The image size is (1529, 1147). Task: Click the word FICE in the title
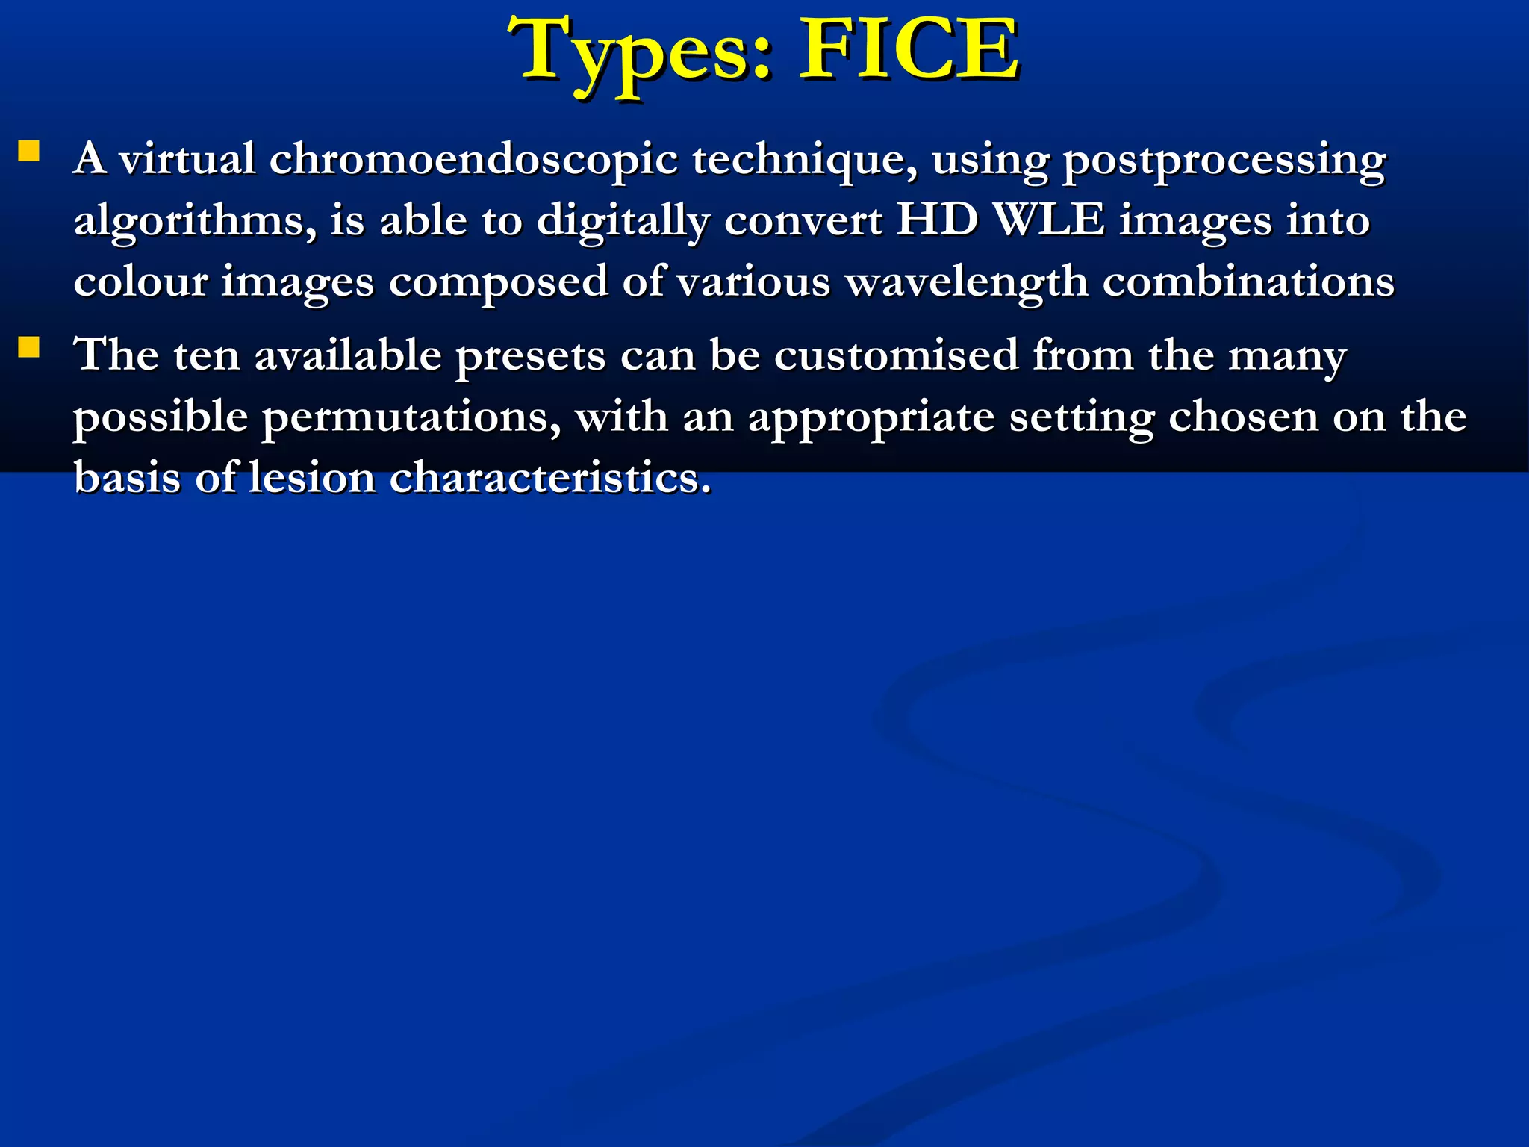[x=909, y=51]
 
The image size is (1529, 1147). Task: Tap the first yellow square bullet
[x=29, y=152]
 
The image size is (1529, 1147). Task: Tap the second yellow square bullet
[x=29, y=347]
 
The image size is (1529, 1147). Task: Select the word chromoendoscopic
[x=473, y=160]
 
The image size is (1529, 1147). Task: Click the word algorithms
[x=195, y=222]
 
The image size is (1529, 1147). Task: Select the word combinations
[x=1248, y=282]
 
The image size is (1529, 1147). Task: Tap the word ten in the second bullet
[x=206, y=355]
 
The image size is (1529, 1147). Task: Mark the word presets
[x=530, y=356]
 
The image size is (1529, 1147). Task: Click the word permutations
[x=411, y=417]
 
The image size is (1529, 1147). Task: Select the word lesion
[x=311, y=477]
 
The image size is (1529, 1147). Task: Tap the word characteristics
[x=550, y=477]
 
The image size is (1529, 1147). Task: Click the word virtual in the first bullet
[x=187, y=159]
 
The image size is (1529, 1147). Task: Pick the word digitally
[x=623, y=222]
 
